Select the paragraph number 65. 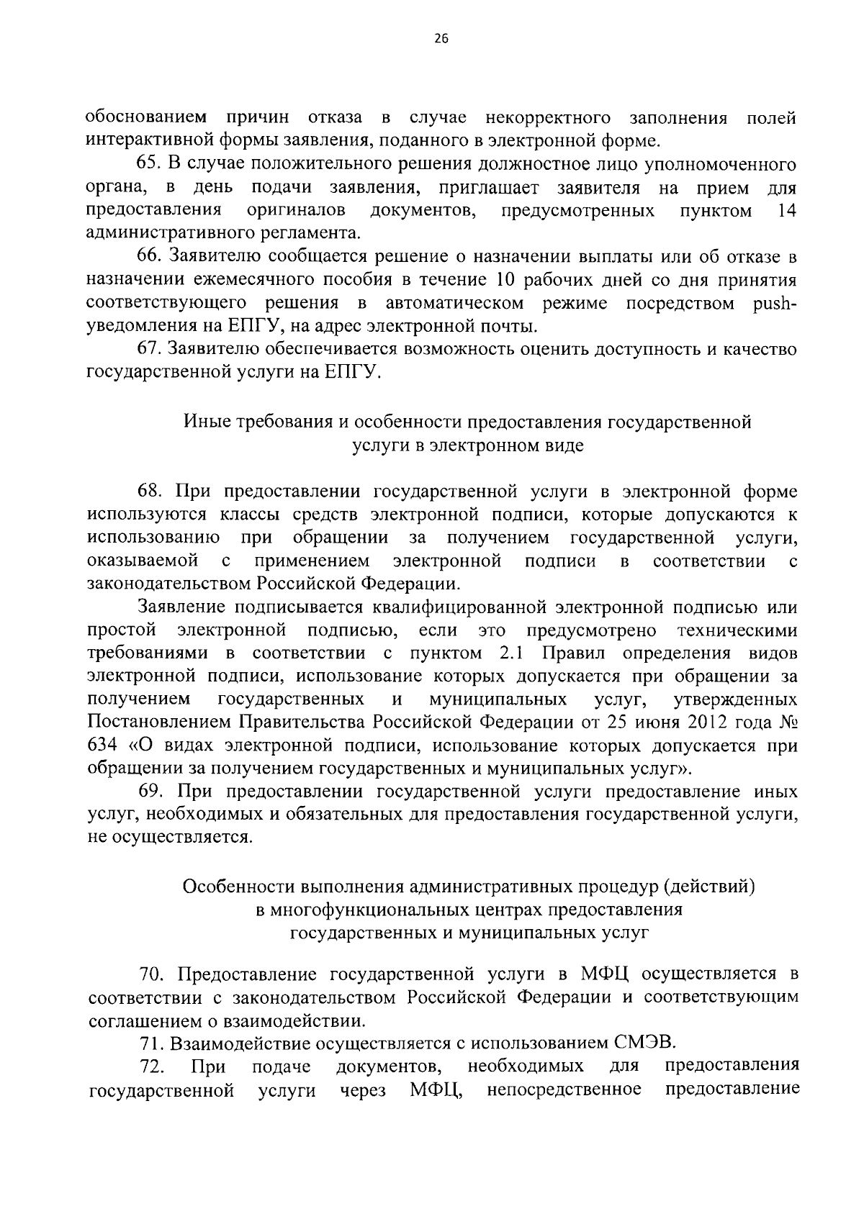click(151, 165)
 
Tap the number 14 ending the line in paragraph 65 click(787, 211)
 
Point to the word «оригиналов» click(295, 211)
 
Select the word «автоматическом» click(454, 303)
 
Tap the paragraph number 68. click(151, 492)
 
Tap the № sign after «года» click(786, 722)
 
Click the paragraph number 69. click(151, 792)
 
